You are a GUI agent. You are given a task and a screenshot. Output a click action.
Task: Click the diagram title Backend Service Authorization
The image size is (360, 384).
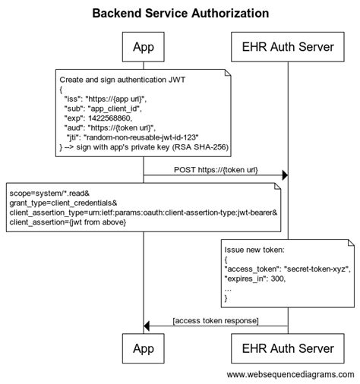click(180, 14)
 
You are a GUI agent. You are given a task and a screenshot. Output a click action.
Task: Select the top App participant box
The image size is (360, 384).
click(143, 47)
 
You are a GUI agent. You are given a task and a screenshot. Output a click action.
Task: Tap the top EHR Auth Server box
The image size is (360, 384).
click(287, 47)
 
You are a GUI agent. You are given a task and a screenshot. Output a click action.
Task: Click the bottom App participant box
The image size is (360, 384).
click(143, 348)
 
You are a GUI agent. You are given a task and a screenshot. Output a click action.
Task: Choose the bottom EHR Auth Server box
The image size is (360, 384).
click(287, 348)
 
